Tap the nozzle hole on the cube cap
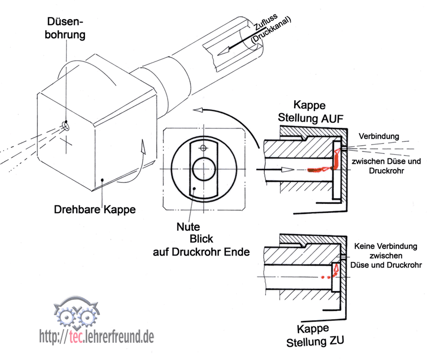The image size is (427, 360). click(65, 126)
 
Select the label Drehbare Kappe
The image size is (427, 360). click(94, 210)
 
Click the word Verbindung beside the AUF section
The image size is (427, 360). click(379, 137)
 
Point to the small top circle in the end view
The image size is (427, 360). click(203, 147)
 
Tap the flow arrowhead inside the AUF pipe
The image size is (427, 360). click(288, 169)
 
